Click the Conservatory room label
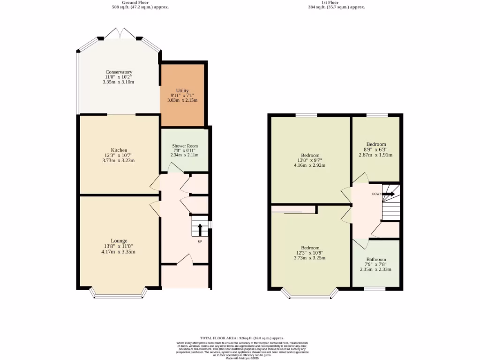click(x=118, y=72)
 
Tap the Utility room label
click(x=182, y=90)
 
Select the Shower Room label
click(x=185, y=146)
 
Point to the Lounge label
click(x=119, y=241)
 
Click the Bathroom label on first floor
click(x=376, y=260)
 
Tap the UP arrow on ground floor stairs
click(x=200, y=230)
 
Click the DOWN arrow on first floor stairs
click(x=388, y=193)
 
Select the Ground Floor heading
click(x=135, y=2)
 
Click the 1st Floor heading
click(x=330, y=2)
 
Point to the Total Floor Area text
click(x=242, y=338)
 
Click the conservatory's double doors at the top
click(x=120, y=33)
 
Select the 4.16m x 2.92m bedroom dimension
click(x=310, y=165)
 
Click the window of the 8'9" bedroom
click(x=377, y=115)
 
